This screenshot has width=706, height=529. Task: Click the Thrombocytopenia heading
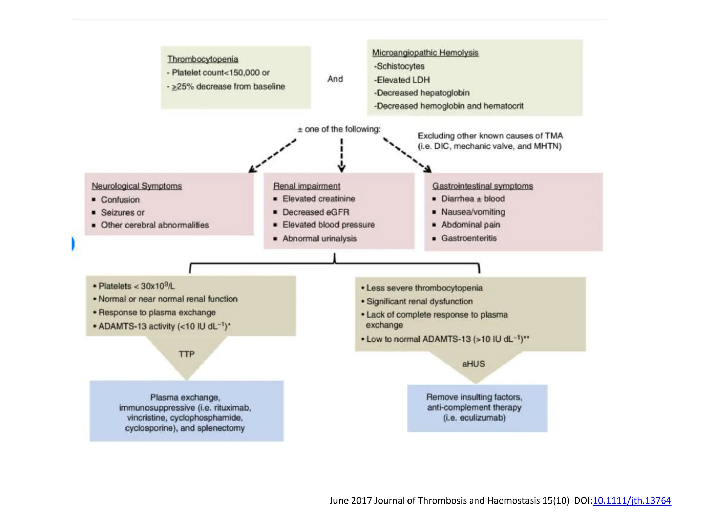point(202,59)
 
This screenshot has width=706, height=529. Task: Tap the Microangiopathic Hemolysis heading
point(425,53)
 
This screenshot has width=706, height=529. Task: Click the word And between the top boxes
point(335,79)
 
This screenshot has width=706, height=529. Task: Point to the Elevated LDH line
point(402,80)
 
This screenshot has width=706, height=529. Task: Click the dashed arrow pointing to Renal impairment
point(341,155)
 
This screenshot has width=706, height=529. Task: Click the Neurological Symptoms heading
point(137,186)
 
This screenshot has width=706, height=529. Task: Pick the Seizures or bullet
point(122,212)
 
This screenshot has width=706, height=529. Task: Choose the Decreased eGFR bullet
point(315,212)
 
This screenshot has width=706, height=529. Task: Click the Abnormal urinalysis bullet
point(319,238)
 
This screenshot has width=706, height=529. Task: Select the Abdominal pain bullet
point(470,225)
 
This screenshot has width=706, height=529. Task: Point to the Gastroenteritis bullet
point(468,238)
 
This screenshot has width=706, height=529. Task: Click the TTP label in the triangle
point(186,354)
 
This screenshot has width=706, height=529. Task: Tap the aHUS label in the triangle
point(473,364)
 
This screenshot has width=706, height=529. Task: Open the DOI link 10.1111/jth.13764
point(632,500)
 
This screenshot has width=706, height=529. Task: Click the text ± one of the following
point(339,129)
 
